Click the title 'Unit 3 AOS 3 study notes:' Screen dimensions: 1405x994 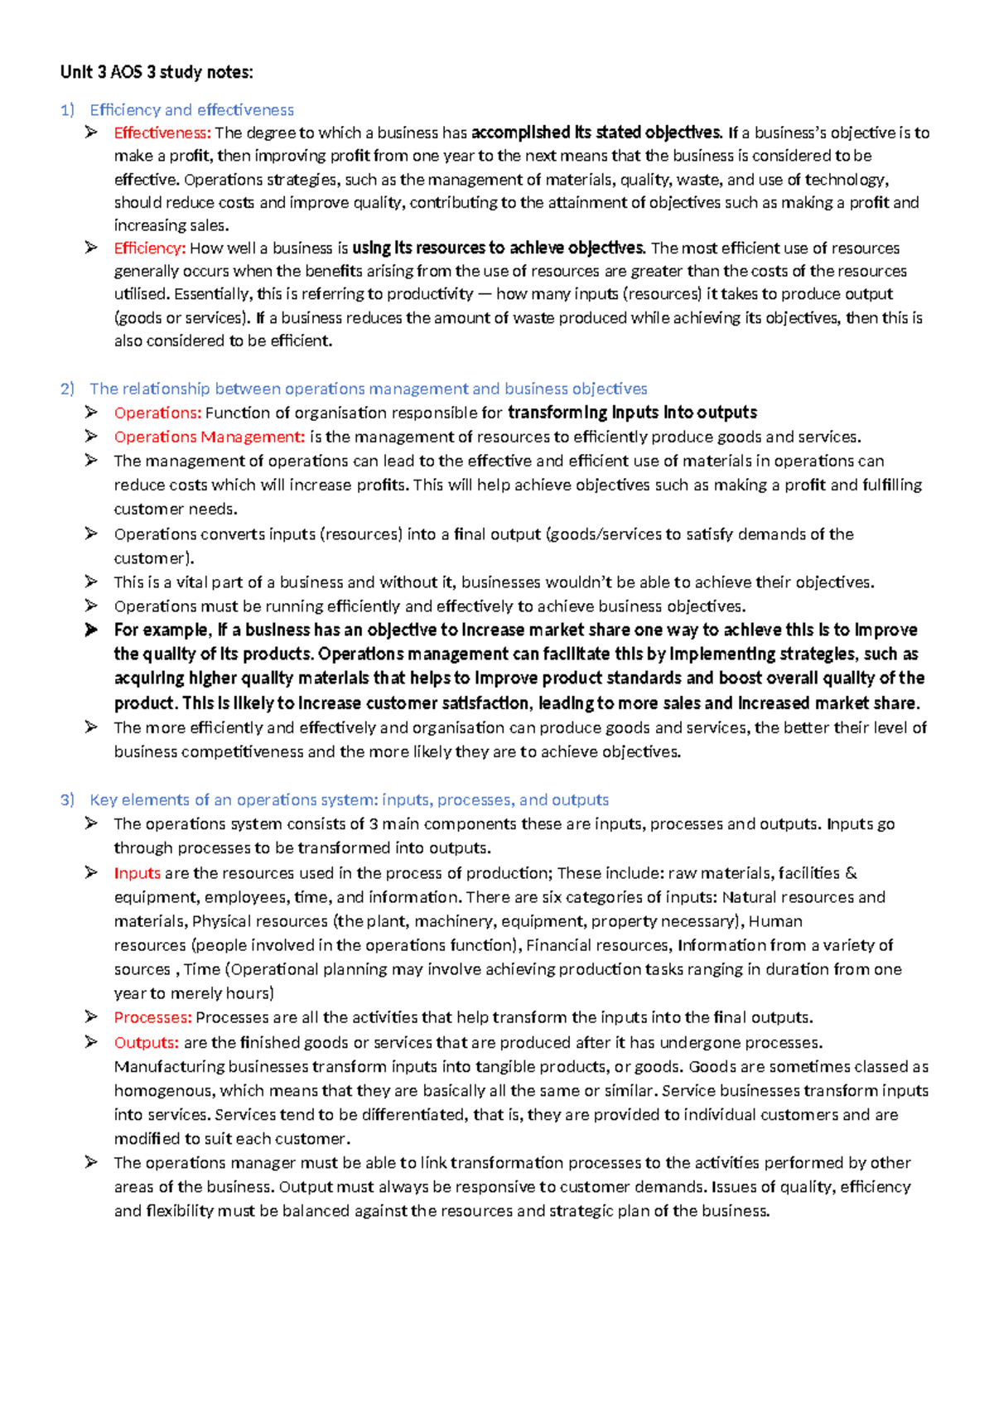157,72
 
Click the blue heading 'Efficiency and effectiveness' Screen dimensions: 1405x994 191,110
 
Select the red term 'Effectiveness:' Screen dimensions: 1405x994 162,133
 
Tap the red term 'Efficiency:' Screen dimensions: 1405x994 150,248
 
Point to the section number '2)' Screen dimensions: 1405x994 68,389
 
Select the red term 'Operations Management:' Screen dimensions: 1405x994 210,437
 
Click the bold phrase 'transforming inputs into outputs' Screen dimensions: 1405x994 632,413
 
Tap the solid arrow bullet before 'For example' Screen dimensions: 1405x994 91,630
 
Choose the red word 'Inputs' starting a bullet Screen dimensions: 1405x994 138,872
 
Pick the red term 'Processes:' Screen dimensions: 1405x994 153,1017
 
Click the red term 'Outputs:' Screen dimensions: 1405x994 147,1042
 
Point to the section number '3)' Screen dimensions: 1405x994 68,799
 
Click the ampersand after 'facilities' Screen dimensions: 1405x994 852,872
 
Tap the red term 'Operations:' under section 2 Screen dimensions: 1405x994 157,413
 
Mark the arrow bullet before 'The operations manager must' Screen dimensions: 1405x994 91,1162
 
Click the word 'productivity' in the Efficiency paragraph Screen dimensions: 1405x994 431,294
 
